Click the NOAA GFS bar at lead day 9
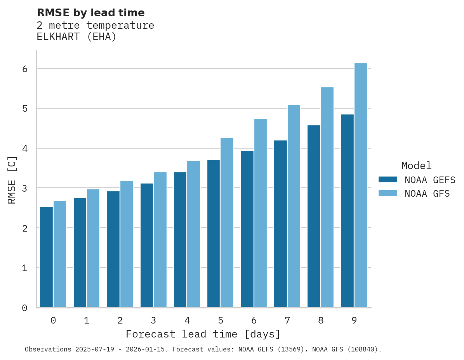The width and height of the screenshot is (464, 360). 361,185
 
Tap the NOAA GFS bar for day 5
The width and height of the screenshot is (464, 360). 227,223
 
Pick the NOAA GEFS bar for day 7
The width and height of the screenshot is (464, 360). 280,224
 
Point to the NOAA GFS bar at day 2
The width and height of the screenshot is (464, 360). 127,244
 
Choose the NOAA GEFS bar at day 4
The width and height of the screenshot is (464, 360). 180,240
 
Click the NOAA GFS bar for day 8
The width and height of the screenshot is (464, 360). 327,197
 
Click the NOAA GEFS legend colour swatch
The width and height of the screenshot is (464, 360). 388,180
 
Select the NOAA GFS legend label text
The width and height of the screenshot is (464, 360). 427,194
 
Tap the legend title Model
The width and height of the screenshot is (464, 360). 416,166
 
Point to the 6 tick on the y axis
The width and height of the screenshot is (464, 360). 24,69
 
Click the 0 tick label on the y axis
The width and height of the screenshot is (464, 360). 24,308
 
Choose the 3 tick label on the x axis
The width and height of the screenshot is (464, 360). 154,321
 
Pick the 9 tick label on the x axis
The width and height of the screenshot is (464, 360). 354,321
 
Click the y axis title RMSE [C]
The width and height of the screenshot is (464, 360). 12,180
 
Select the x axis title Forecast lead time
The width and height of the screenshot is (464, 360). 203,334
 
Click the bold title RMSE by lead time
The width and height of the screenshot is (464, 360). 90,13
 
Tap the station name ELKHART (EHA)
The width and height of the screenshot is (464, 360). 76,37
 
